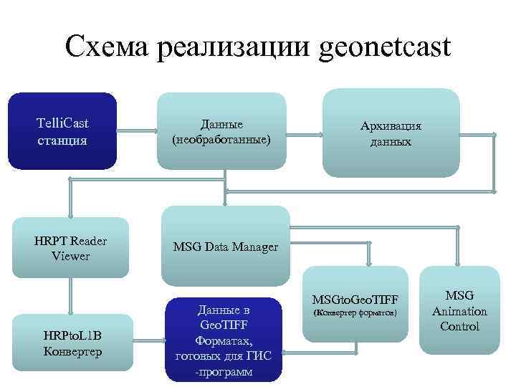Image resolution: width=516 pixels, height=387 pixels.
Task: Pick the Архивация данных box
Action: point(390,133)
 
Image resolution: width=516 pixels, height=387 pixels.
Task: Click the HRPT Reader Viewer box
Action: point(70,247)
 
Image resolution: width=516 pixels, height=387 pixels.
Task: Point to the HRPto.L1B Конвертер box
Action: point(71,344)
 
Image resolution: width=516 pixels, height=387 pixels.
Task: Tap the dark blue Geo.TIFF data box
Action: point(223,340)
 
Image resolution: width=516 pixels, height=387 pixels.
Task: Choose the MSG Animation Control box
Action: point(459,310)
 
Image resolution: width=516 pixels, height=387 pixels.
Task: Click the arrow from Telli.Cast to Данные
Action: point(138,131)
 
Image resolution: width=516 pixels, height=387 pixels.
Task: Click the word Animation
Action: point(459,311)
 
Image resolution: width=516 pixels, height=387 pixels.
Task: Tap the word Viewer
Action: point(70,255)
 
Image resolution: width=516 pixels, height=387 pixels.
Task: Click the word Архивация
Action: point(391,126)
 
